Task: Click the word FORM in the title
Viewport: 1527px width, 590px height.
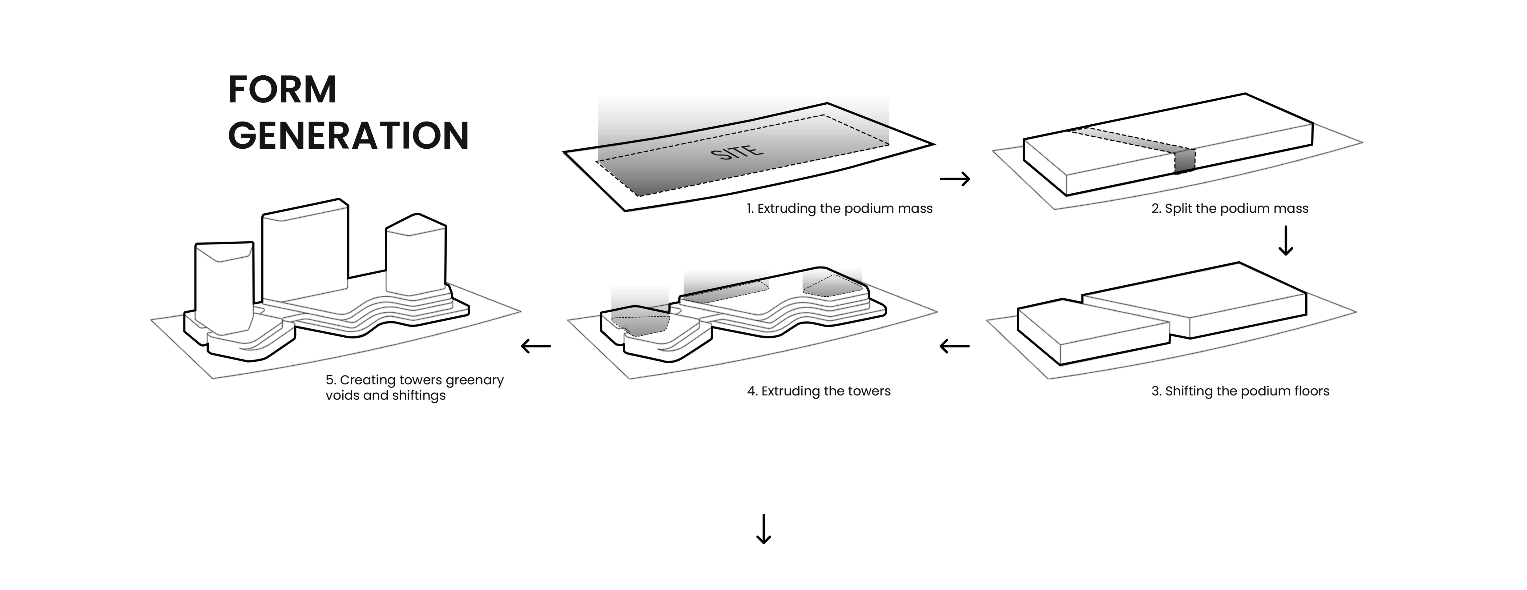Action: pyautogui.click(x=282, y=90)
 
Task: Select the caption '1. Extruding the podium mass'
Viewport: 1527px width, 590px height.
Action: pyautogui.click(x=839, y=208)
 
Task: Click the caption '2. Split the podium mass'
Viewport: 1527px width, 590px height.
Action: pyautogui.click(x=1229, y=208)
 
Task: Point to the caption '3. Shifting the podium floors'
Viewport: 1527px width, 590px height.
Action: pyautogui.click(x=1240, y=391)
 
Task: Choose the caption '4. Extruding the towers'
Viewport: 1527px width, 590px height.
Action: pyautogui.click(x=819, y=391)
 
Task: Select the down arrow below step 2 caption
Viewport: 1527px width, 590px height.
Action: pyautogui.click(x=1285, y=240)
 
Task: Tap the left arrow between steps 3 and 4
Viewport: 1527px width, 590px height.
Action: pyautogui.click(x=954, y=346)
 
